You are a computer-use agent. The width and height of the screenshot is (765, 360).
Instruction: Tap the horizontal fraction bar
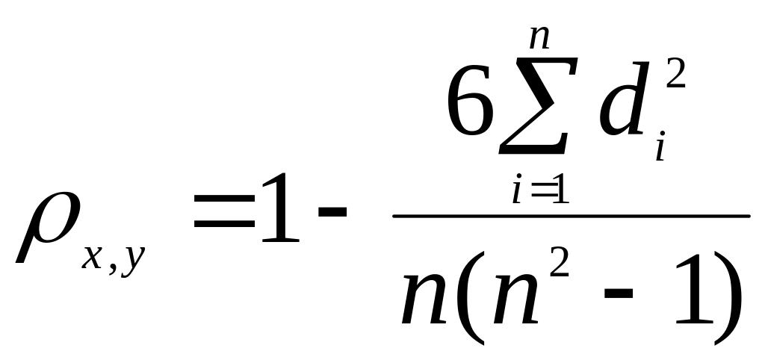click(571, 217)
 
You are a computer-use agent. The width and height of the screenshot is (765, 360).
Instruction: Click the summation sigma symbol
click(536, 108)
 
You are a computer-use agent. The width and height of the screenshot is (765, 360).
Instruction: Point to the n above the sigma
click(539, 38)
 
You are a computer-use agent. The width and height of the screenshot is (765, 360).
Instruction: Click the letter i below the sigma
click(516, 192)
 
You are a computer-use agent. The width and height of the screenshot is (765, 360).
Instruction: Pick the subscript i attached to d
click(660, 149)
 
